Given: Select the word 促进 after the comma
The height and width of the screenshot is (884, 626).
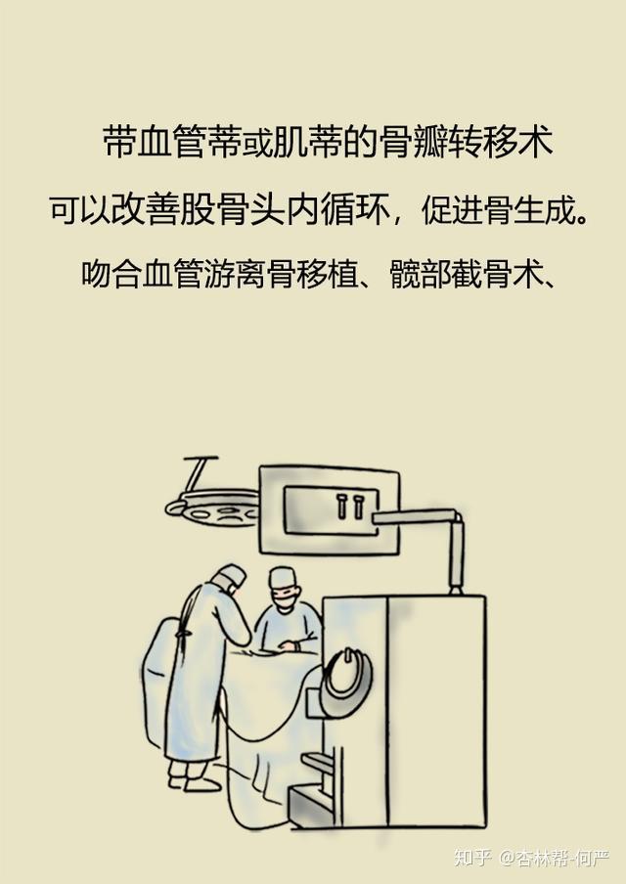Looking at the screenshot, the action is point(452,210).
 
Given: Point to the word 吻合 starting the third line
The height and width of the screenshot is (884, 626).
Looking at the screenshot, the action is point(111,274).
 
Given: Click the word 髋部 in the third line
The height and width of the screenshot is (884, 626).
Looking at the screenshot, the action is point(419,274).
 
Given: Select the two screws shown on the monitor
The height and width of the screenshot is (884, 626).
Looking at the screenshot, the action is point(349,506).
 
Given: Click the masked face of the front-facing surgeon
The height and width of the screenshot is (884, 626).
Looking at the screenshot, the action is point(284,597).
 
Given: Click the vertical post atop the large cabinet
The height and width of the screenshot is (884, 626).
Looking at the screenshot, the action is point(456,555).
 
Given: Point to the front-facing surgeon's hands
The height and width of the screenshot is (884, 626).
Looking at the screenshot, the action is point(290,645).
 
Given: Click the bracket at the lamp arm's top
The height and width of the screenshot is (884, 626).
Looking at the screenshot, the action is point(201,461).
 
